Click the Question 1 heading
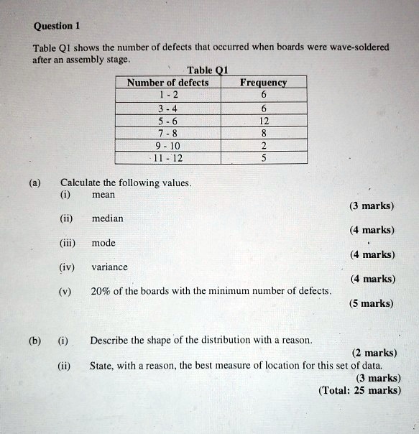click(x=56, y=26)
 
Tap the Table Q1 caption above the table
click(x=206, y=70)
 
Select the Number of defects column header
click(x=167, y=83)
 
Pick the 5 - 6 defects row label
click(x=167, y=121)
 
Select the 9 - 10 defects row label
click(x=167, y=146)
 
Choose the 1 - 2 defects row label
click(x=167, y=95)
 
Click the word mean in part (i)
click(x=103, y=194)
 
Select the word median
click(x=108, y=218)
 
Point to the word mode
click(x=103, y=243)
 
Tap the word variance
click(x=109, y=267)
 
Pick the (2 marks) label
click(x=374, y=352)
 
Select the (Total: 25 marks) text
click(x=359, y=390)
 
